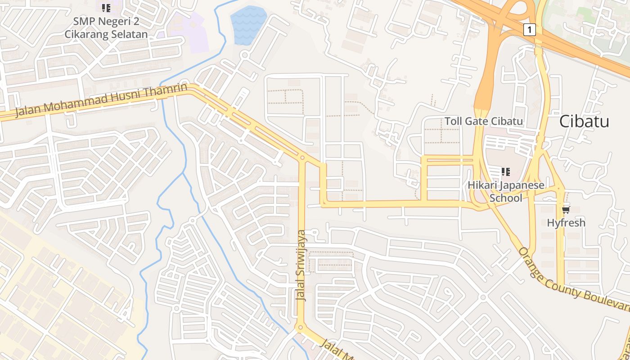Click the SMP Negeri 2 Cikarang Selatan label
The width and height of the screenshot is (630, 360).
click(x=106, y=28)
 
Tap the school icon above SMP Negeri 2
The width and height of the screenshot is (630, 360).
click(x=106, y=8)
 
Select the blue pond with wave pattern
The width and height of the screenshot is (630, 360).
click(x=248, y=25)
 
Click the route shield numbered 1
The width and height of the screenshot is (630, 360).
click(x=530, y=30)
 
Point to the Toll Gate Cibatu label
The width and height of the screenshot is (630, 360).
click(x=484, y=121)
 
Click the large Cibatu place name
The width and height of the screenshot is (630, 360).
click(x=584, y=121)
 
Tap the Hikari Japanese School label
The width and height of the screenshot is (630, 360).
click(x=506, y=192)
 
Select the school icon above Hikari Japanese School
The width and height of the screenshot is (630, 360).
click(x=506, y=171)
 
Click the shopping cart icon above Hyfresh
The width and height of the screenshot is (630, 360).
click(x=566, y=210)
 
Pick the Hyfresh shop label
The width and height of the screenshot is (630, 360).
click(x=566, y=222)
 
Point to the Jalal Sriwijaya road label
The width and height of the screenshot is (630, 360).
click(x=301, y=265)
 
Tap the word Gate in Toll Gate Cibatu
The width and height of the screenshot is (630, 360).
click(x=477, y=121)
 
